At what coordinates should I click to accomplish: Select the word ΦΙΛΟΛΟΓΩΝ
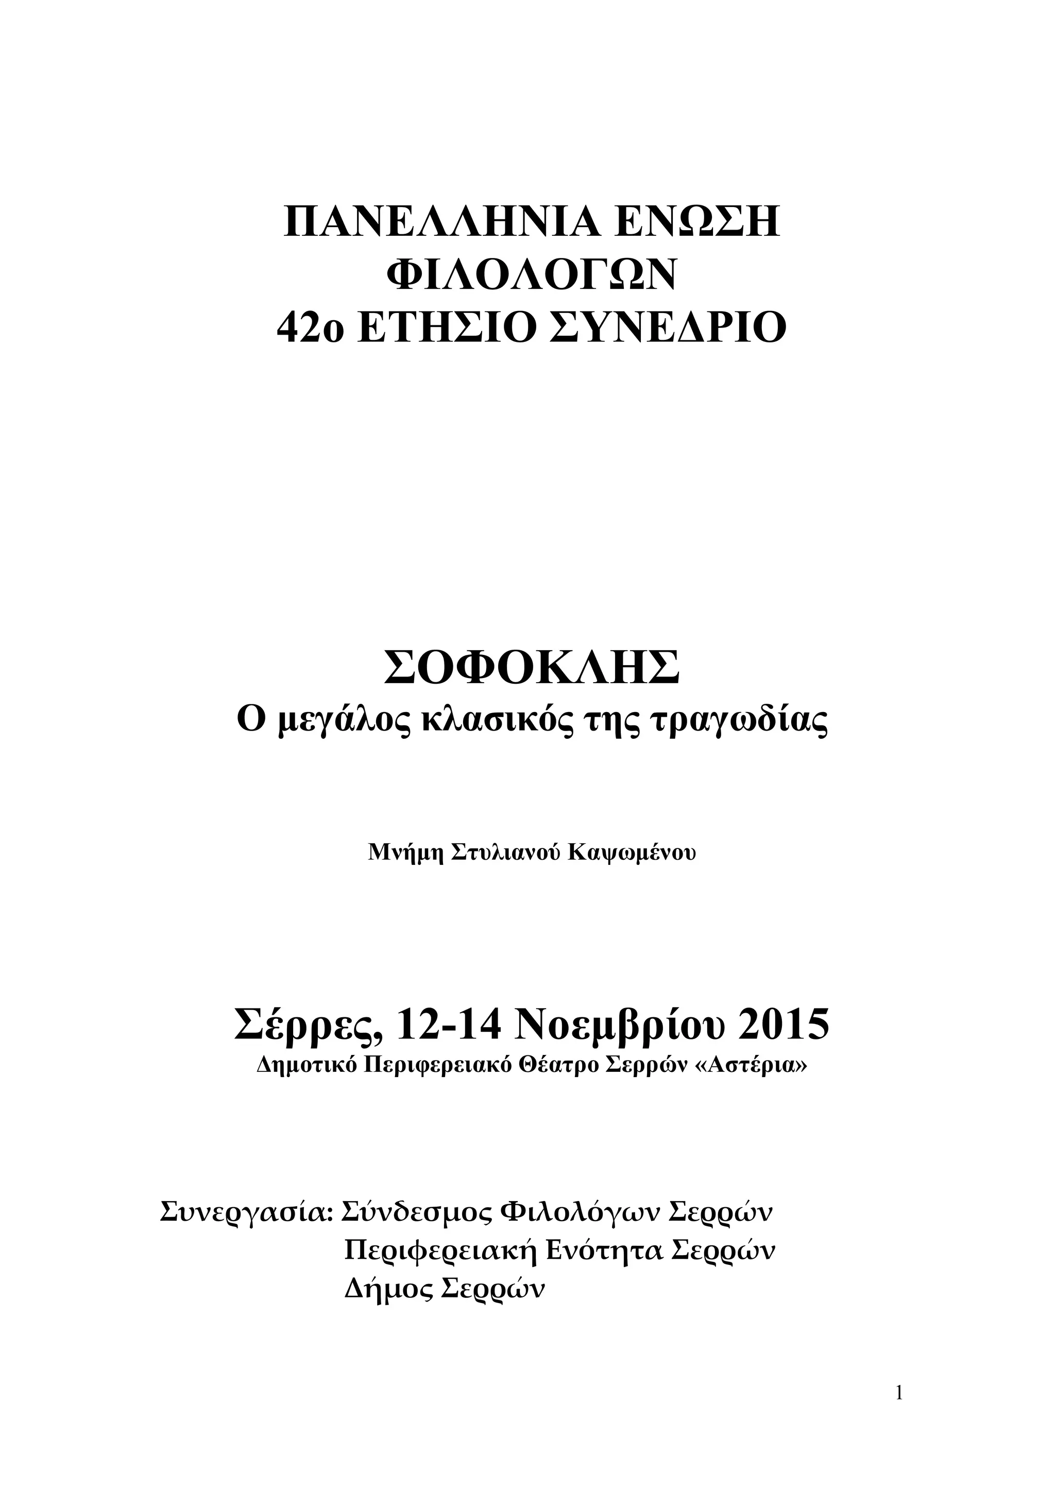(532, 276)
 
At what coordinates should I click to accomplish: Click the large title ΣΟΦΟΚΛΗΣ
(532, 670)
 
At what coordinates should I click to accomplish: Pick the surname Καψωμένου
(632, 853)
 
